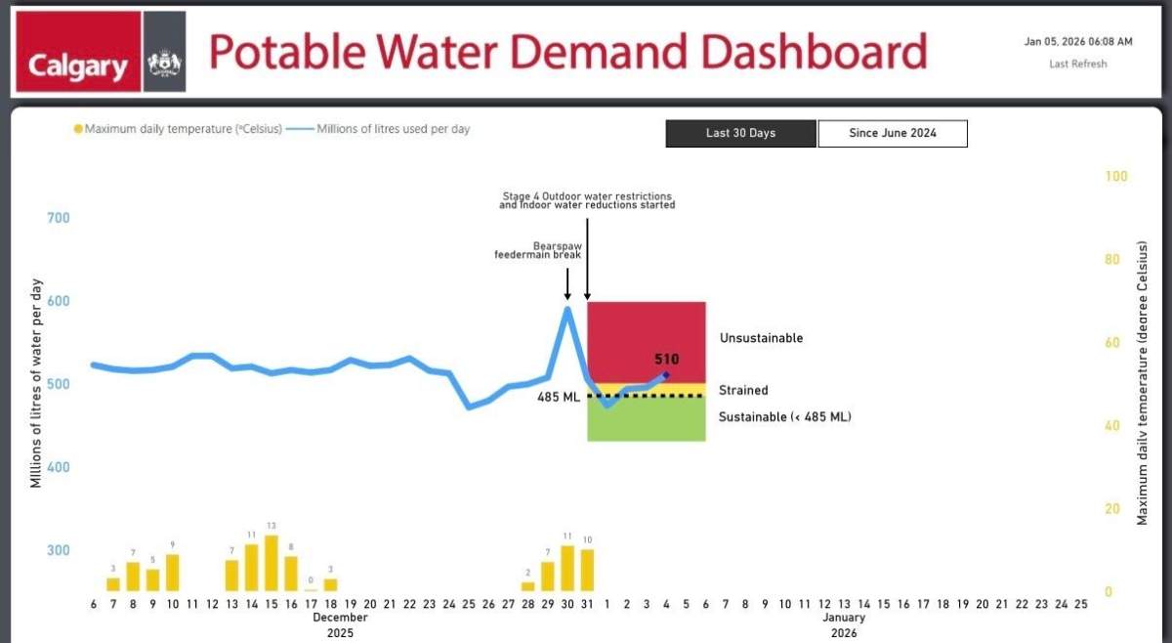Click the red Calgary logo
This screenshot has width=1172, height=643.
click(x=77, y=54)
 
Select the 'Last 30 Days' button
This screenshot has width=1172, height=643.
click(x=740, y=133)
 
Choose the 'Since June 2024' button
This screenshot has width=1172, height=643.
click(x=892, y=133)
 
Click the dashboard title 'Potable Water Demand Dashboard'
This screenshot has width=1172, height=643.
click(x=567, y=52)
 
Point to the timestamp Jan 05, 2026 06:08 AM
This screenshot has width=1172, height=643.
click(x=1078, y=42)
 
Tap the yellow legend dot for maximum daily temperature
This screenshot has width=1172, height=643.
click(x=78, y=129)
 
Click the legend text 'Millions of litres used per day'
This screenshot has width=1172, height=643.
click(x=394, y=129)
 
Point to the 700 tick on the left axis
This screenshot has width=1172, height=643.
click(x=59, y=217)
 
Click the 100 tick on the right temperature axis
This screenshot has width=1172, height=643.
click(x=1115, y=176)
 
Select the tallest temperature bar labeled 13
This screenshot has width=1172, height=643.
click(x=272, y=563)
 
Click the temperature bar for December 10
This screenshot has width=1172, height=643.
click(x=173, y=572)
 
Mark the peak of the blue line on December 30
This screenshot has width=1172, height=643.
click(x=567, y=309)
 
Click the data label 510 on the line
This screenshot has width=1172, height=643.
click(x=666, y=360)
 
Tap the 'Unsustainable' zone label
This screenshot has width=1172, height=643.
click(x=761, y=338)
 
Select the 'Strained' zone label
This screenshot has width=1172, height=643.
click(x=743, y=390)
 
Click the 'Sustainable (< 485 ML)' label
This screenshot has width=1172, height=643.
click(x=784, y=417)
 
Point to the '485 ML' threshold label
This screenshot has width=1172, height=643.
click(x=559, y=397)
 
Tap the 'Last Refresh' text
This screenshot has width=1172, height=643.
click(x=1078, y=64)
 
